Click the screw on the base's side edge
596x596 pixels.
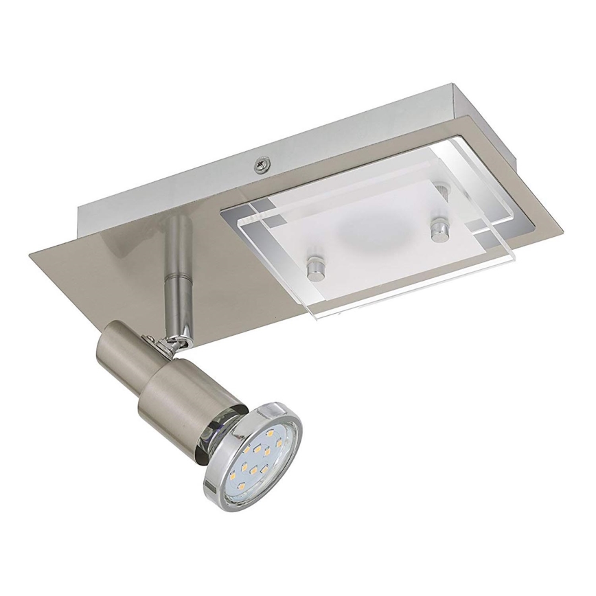coord(261,164)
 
